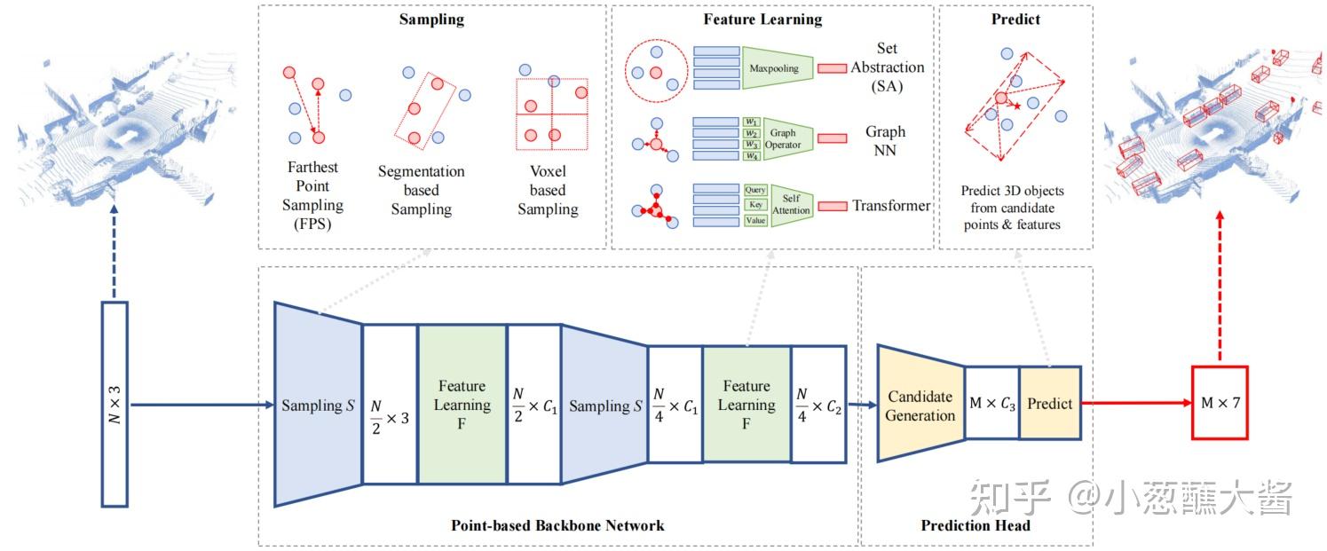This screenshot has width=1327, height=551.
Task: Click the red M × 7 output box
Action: [x=1220, y=403]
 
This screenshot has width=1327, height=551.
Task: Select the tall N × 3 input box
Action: [x=115, y=404]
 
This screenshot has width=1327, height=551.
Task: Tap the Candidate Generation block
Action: [x=920, y=404]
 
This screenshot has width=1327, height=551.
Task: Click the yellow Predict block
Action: [x=1050, y=404]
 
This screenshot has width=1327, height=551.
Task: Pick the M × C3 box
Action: [x=992, y=404]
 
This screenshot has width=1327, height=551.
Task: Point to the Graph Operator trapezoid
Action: [x=787, y=138]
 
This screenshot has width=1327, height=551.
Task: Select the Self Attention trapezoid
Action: [x=792, y=205]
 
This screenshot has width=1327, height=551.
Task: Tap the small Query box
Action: [x=755, y=190]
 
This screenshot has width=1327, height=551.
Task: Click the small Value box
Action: [x=755, y=220]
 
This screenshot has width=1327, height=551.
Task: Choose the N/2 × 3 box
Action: [x=390, y=404]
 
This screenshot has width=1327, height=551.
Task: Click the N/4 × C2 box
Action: [x=818, y=404]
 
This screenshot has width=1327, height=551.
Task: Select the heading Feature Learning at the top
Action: [x=762, y=19]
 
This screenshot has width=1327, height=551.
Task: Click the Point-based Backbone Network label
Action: [x=557, y=525]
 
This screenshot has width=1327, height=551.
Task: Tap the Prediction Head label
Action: [x=976, y=525]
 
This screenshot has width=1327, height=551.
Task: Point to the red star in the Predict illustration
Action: [x=1017, y=106]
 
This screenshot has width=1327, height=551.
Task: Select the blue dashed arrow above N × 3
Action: [x=115, y=251]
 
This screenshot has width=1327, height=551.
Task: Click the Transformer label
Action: [x=891, y=206]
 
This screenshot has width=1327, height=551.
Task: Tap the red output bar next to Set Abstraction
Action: [x=832, y=68]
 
